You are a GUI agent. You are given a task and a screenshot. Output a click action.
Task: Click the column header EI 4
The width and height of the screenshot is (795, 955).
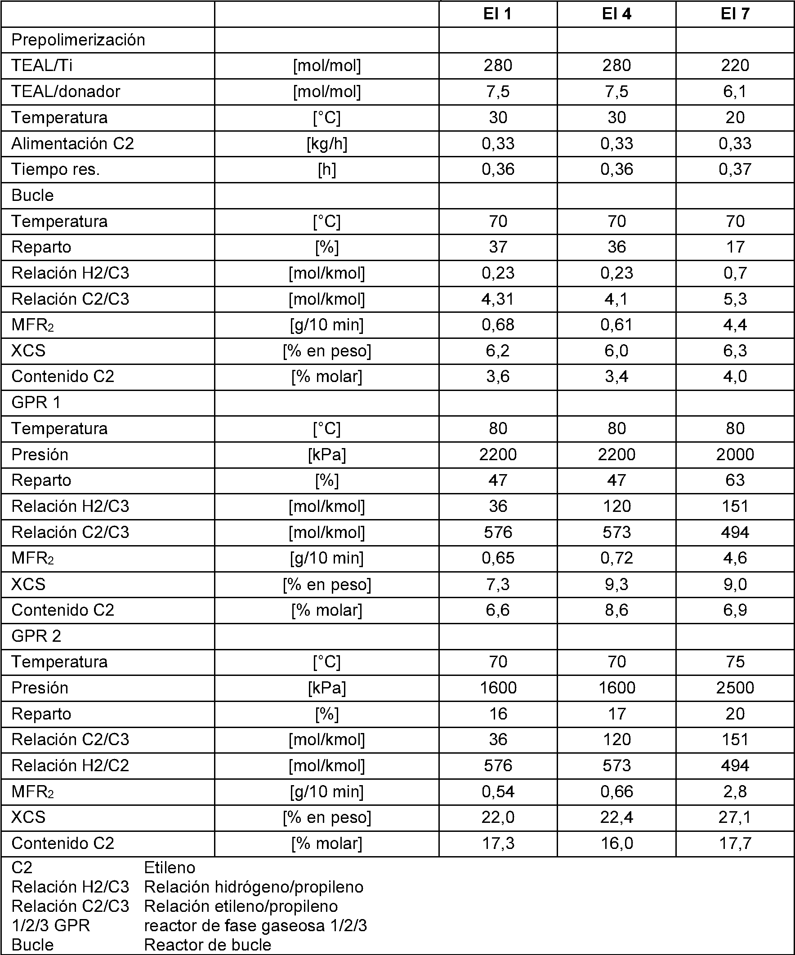616,14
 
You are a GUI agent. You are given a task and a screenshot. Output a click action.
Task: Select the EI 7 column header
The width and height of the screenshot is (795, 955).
734,14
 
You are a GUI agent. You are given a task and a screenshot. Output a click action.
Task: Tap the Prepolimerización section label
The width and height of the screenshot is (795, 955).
78,40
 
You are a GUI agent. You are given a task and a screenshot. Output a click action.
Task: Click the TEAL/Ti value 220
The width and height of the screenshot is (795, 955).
734,66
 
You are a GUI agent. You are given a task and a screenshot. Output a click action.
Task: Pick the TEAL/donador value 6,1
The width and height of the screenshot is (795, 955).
734,91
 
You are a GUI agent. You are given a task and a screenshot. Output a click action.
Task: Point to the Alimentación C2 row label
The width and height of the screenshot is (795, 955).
73,144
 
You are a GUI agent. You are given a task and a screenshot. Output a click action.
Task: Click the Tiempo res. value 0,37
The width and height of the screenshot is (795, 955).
734,169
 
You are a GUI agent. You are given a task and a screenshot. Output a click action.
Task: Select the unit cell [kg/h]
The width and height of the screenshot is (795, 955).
327,144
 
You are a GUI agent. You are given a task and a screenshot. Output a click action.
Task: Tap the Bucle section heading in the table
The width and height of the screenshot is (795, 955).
33,195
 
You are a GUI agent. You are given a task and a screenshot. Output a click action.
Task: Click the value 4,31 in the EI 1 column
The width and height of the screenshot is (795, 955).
498,299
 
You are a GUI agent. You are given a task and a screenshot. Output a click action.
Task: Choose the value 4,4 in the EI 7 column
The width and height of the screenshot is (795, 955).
734,324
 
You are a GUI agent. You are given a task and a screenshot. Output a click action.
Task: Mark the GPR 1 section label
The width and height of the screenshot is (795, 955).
36,403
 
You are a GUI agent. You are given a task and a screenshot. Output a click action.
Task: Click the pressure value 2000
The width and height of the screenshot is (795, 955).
734,454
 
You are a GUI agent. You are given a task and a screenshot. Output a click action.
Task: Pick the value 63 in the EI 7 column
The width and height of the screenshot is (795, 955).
734,480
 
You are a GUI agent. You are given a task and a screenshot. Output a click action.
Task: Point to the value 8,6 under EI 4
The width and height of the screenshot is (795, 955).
616,610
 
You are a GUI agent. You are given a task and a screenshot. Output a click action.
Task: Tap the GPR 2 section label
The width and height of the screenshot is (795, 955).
36,636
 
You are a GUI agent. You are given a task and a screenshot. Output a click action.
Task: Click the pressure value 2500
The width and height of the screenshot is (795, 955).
734,688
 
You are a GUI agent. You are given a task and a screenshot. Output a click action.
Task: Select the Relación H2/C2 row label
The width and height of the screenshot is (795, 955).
71,765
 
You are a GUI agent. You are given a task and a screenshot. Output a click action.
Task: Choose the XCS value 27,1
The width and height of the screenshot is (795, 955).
734,817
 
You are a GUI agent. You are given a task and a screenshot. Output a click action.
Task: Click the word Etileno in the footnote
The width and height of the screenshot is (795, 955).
170,868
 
